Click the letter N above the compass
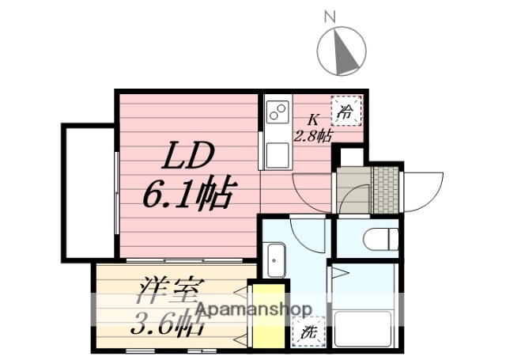pos(330,15)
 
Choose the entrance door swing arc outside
pos(425,190)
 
